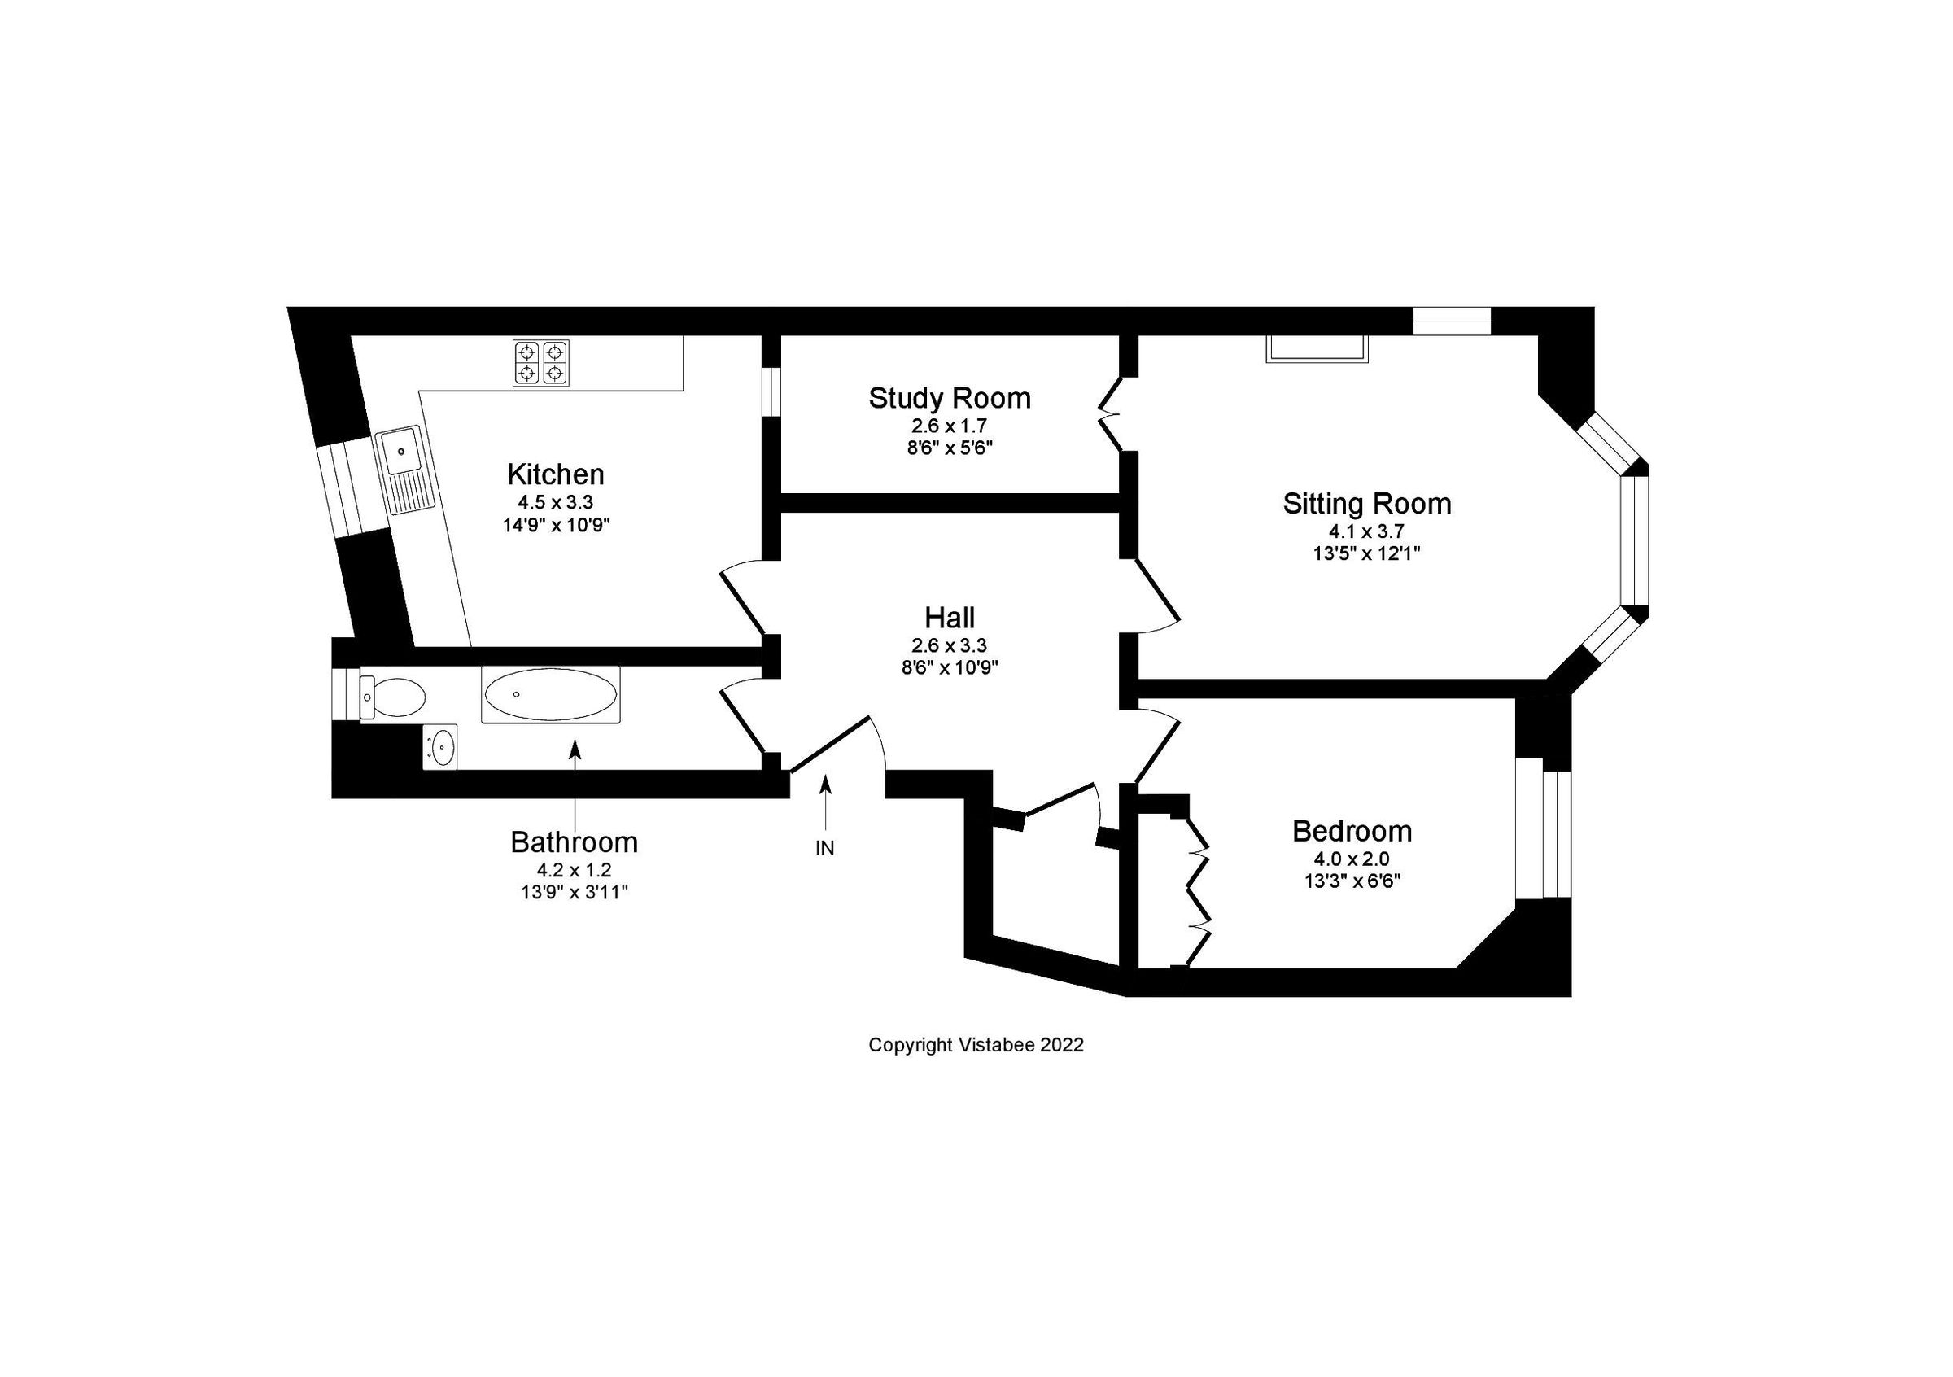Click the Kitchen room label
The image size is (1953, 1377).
pos(556,474)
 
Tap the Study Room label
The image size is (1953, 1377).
pos(950,398)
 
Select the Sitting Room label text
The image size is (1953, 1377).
pos(1366,504)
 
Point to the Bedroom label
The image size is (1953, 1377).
pos(1352,831)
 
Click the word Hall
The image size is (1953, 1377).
pos(950,618)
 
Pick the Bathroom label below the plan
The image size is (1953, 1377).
pos(574,842)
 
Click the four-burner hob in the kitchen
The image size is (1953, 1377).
pos(541,362)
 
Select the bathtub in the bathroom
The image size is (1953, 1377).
pos(550,695)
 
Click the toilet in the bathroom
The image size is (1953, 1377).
pos(394,697)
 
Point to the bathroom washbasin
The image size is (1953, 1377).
pos(440,748)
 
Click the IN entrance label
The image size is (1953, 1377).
pos(824,848)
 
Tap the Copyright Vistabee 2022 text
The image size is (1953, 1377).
pos(976,1045)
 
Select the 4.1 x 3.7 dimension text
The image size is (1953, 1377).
pos(1366,531)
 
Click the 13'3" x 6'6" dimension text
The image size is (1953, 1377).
pos(1352,881)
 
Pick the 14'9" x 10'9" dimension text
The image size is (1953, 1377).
pos(556,525)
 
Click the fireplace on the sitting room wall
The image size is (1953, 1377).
pos(1316,348)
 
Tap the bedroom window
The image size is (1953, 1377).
pos(1544,833)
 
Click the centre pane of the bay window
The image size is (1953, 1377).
pos(1634,541)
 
